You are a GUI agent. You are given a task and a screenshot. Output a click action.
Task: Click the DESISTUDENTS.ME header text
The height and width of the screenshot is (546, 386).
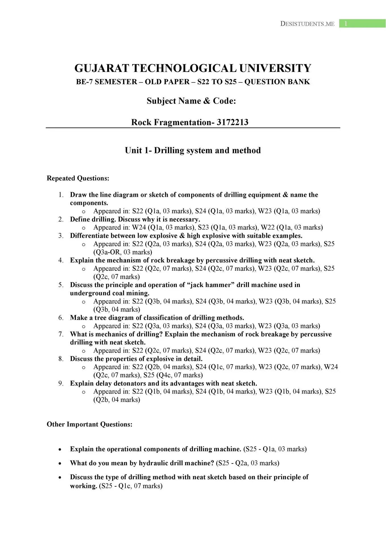(307, 24)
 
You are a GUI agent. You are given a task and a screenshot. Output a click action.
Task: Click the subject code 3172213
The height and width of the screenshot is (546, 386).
(233, 122)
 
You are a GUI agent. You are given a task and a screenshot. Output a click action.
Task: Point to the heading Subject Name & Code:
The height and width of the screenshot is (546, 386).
(191, 101)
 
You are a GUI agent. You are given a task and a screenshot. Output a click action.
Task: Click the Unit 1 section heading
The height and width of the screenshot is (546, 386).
(193, 150)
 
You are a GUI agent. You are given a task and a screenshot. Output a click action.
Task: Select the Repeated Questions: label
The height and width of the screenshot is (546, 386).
(78, 178)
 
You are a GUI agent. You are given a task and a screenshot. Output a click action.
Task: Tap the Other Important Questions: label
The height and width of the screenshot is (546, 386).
(90, 424)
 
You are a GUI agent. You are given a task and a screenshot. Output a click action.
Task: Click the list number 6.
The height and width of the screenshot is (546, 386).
(61, 318)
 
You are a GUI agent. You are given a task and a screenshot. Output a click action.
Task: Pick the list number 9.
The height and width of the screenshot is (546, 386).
(61, 383)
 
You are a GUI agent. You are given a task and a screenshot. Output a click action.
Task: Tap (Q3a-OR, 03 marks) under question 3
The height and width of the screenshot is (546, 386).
(123, 252)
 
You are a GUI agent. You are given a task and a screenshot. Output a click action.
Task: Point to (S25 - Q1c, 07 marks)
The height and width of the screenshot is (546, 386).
(131, 486)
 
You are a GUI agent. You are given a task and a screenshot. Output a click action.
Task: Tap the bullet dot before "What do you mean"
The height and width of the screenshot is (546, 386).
(60, 464)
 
